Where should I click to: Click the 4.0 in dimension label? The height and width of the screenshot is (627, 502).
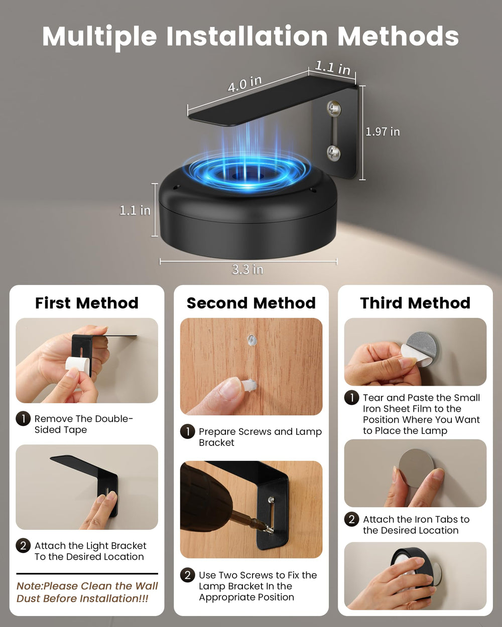coord(245,84)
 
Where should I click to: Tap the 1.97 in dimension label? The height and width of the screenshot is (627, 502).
coord(383,132)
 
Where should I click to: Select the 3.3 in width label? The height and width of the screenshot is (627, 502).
coord(247,269)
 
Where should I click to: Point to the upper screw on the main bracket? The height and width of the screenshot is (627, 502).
coord(334,108)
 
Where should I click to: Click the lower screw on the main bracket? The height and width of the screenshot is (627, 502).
coord(334,152)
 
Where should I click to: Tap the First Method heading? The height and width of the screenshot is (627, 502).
coord(87,303)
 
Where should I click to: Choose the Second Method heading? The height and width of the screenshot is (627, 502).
coord(251,303)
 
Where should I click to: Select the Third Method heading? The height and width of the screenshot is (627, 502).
coord(415,303)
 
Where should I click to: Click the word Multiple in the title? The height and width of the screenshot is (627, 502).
coord(100,37)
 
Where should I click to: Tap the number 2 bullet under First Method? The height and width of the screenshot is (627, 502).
coord(23,545)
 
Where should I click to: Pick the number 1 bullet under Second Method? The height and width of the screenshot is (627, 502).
coord(188,431)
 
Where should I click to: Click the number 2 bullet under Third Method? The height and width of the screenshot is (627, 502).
coord(351,519)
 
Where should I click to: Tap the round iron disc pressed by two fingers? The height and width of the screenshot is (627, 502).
coord(416,468)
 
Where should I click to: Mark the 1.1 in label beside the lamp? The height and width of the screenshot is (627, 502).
coord(135,210)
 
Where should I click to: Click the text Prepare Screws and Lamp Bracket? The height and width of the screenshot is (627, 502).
coord(260,437)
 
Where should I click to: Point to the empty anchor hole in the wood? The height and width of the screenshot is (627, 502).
coord(251,340)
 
